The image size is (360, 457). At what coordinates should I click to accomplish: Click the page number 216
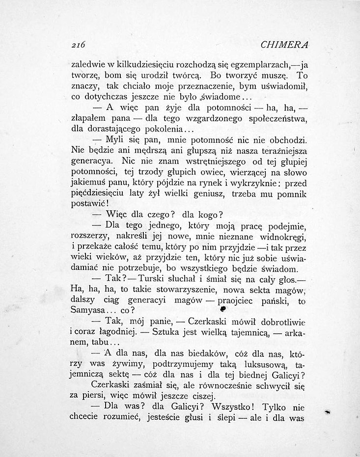[x=79, y=44]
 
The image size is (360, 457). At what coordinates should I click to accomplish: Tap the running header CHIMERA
[x=284, y=44]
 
